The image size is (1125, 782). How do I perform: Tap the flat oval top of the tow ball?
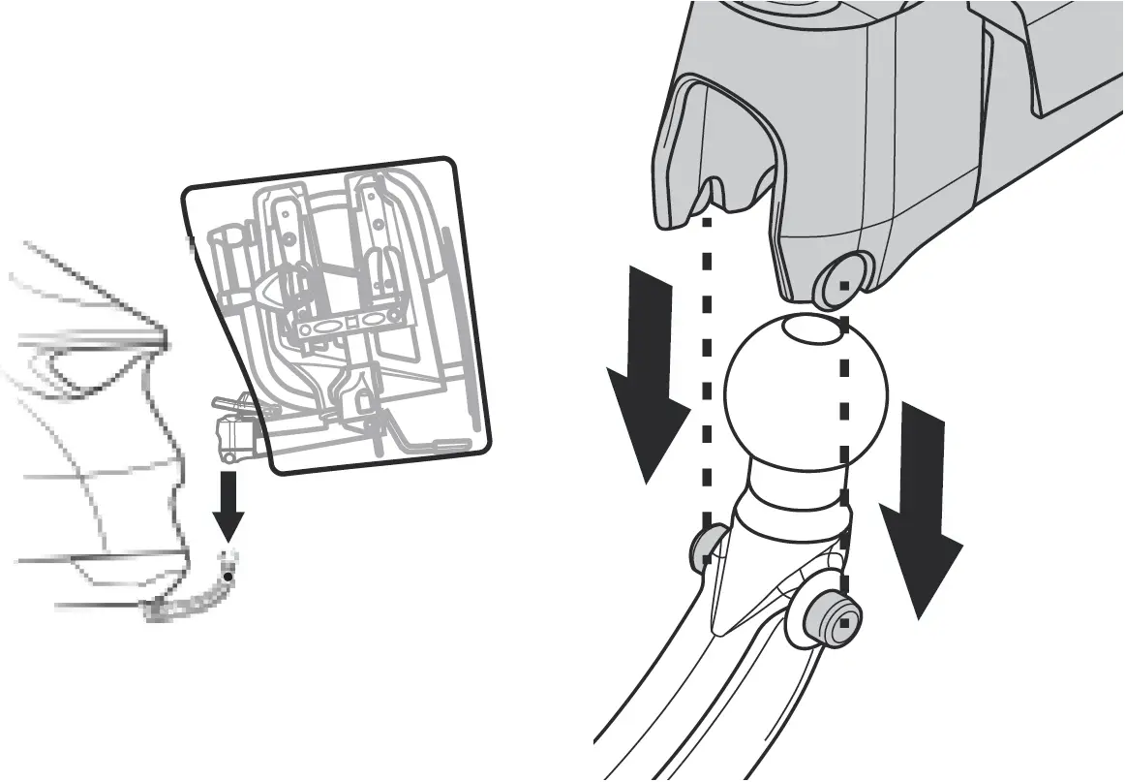812,331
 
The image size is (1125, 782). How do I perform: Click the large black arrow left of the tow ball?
646,378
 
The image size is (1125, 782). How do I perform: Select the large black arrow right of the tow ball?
921,504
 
